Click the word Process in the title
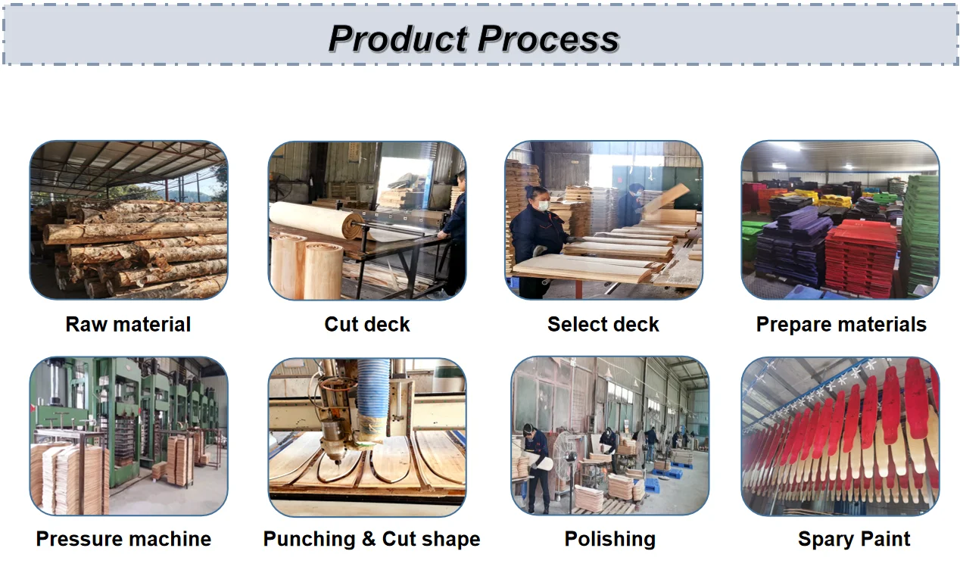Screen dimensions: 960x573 [x=549, y=39]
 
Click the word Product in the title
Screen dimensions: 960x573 [x=398, y=39]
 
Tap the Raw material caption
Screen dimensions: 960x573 [x=128, y=325]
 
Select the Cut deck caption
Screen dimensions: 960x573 [x=367, y=325]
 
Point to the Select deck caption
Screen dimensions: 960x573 [x=603, y=325]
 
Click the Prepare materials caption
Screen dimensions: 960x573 [x=841, y=325]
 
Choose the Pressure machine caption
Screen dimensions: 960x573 [x=123, y=539]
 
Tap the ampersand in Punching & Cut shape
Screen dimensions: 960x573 [x=369, y=539]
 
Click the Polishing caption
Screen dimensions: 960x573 [x=610, y=540]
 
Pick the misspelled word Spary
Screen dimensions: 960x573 [x=826, y=540]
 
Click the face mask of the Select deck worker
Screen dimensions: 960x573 [x=543, y=206]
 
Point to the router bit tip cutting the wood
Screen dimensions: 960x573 [x=337, y=462]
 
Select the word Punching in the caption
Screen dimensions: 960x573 [x=309, y=540]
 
